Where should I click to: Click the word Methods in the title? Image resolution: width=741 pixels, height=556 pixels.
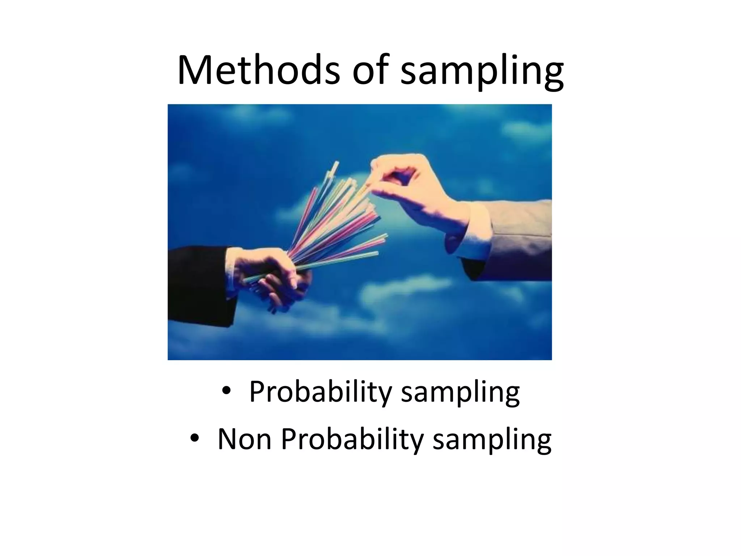(x=258, y=69)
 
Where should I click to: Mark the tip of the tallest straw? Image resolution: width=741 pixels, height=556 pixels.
(x=337, y=163)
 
